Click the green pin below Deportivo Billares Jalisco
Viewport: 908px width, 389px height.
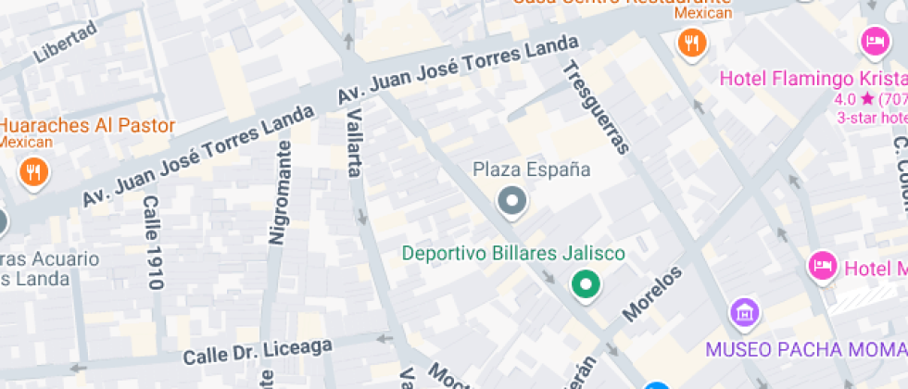pos(584,284)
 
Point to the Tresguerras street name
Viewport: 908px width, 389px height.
pos(595,106)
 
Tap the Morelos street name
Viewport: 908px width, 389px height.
pos(653,295)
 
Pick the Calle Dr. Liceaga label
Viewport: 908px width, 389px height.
pos(258,351)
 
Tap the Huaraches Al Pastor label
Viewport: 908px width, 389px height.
pos(87,125)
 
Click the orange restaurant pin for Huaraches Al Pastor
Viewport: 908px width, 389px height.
pos(33,171)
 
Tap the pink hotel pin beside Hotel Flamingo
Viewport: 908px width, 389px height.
pos(874,41)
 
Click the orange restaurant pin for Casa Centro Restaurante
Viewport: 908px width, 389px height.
pos(690,42)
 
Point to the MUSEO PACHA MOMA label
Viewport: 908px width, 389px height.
pos(804,349)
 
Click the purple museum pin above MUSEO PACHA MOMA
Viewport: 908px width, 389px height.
pos(743,313)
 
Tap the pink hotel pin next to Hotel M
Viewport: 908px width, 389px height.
pos(821,266)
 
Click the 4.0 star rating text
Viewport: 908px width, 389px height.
pos(854,99)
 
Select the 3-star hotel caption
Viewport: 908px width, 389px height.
pos(871,118)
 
